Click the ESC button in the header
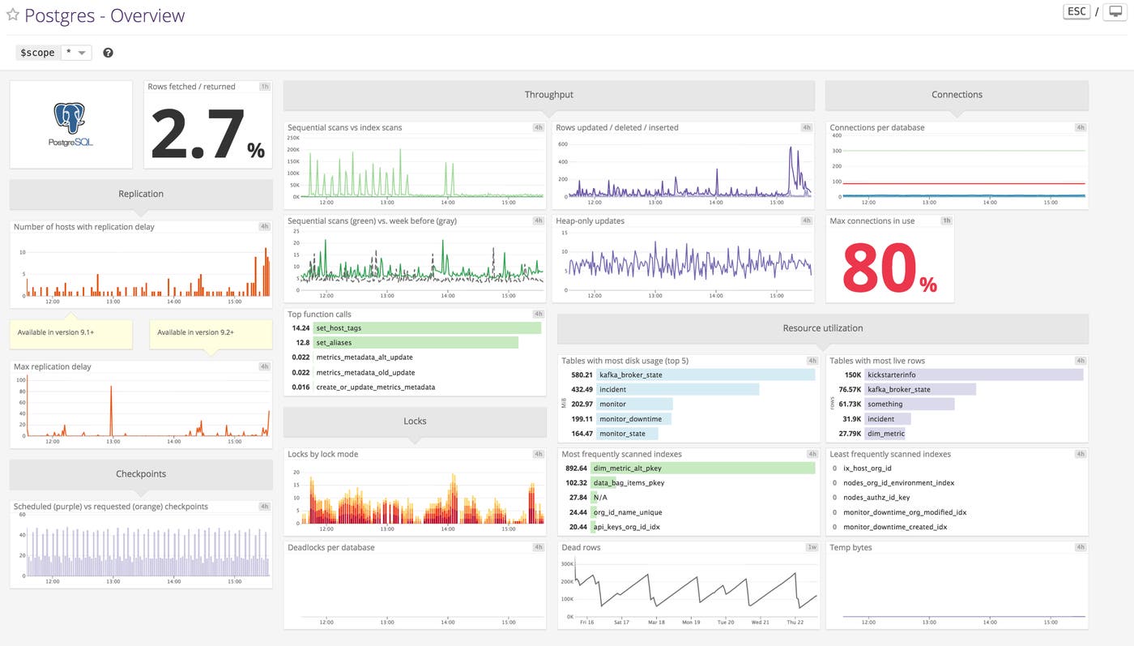1076,12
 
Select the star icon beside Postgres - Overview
12,15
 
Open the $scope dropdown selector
76,53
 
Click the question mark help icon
108,53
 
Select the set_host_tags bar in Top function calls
427,328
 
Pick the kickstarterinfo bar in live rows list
973,375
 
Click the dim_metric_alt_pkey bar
703,468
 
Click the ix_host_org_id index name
867,468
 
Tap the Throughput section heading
548,95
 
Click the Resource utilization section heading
822,328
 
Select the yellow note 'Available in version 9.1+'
70,333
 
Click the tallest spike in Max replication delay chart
111,388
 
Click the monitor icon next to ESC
1113,12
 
